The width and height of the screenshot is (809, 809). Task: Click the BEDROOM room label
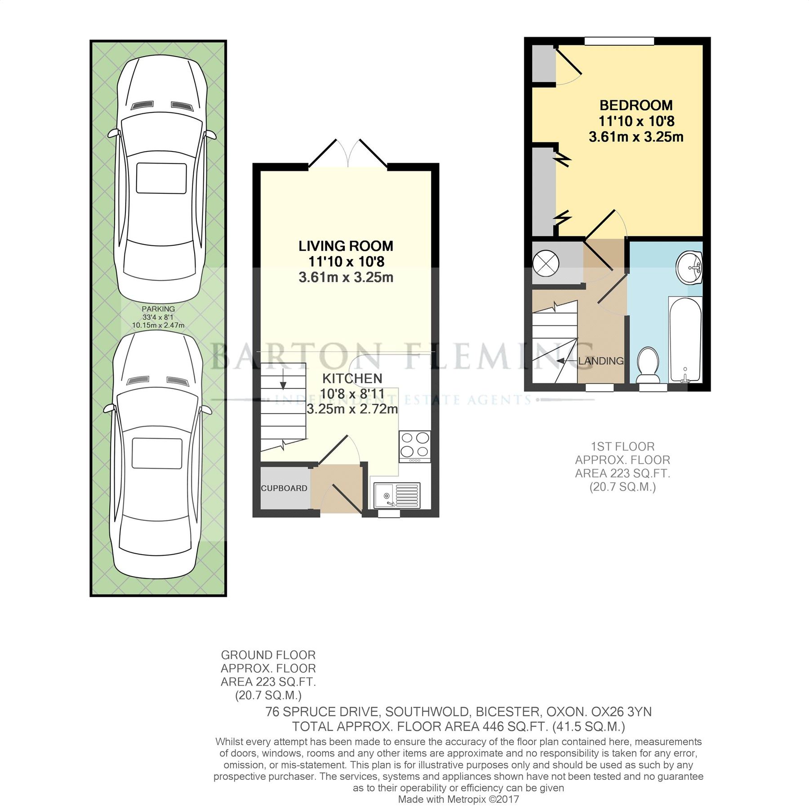click(636, 106)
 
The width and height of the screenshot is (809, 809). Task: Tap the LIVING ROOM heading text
click(346, 246)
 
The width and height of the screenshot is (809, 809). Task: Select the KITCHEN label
click(352, 378)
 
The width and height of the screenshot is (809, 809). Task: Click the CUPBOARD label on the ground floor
click(284, 488)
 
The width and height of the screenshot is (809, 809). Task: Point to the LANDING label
click(601, 361)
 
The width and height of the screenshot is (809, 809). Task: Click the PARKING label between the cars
click(158, 309)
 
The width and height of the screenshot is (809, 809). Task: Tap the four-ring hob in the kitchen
click(414, 445)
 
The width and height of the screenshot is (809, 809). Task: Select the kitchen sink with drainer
click(397, 495)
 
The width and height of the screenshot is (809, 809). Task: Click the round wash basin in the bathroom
click(689, 268)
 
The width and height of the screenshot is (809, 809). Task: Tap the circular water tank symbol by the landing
click(546, 262)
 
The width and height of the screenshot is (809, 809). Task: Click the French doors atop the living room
click(348, 155)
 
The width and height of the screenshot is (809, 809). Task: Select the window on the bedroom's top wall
click(619, 41)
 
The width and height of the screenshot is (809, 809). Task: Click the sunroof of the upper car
click(161, 178)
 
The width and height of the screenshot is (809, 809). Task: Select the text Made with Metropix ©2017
click(458, 800)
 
